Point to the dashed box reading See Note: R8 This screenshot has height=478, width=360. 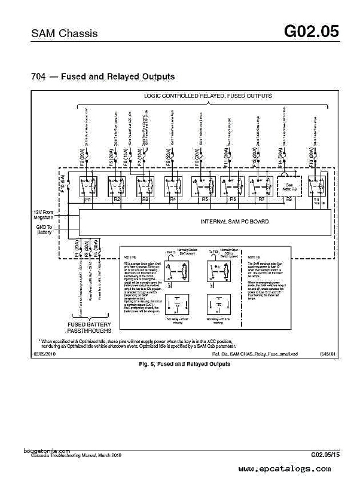[x=289, y=186]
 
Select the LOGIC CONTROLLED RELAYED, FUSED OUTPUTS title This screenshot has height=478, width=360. [x=208, y=96]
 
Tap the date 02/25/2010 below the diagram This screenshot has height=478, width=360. [x=45, y=354]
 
